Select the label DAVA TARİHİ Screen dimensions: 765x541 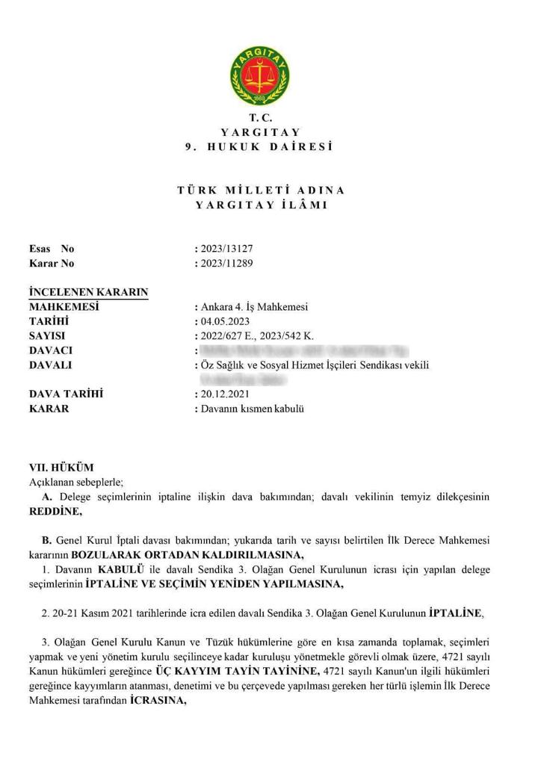(x=65, y=394)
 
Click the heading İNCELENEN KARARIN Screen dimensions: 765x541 (x=88, y=292)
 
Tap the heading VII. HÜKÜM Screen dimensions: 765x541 (x=61, y=467)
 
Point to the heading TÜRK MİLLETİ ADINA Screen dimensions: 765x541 (x=261, y=191)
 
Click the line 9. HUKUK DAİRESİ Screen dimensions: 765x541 (x=259, y=146)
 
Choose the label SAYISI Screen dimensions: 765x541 (x=47, y=336)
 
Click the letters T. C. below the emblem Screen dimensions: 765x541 (x=261, y=118)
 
